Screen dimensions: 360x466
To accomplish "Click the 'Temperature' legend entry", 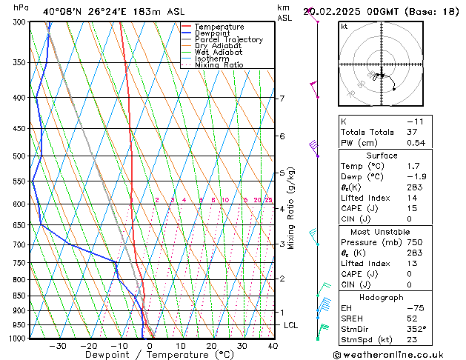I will (219, 27).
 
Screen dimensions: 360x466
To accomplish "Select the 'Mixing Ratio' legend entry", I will (219, 65).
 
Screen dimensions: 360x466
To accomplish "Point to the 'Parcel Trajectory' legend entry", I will (228, 39).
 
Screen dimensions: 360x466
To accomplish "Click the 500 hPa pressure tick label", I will (19, 156).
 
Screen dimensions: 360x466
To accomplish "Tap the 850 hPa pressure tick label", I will (19, 296).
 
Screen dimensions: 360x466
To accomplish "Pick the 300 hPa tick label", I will (19, 22).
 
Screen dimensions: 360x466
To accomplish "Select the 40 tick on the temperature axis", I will (273, 346).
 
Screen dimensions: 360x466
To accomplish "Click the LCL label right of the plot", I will (290, 325).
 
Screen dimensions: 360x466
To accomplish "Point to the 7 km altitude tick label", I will (282, 99).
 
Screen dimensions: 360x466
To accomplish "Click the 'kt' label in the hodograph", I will (344, 27).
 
